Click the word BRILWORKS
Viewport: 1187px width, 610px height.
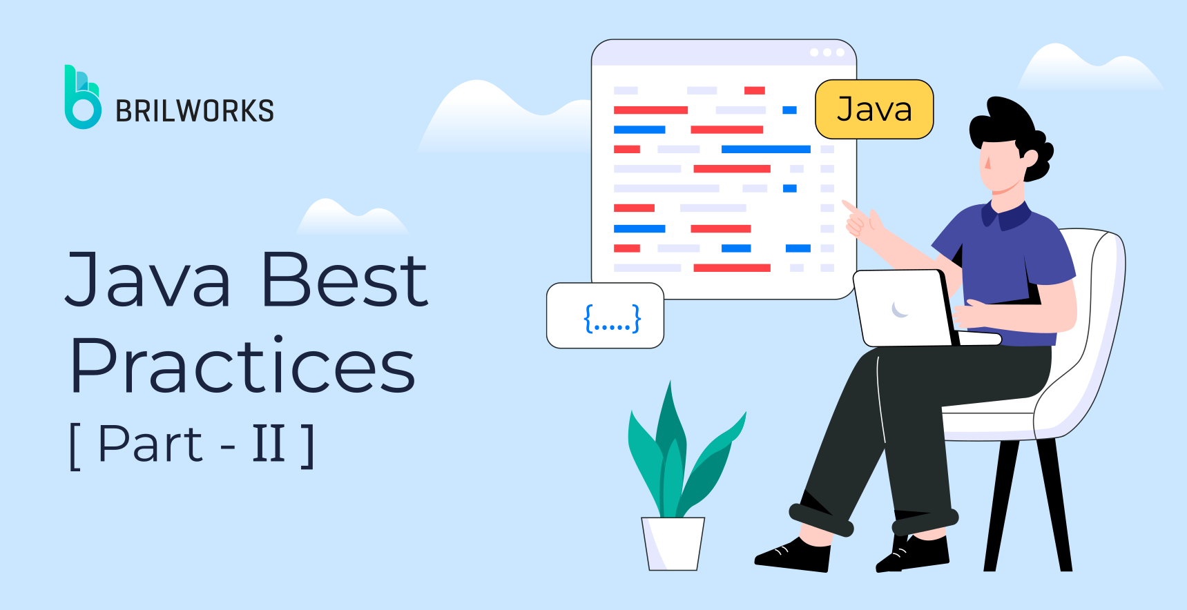coord(195,111)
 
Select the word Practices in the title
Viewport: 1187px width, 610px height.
coord(243,366)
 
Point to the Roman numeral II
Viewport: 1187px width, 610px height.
coord(269,444)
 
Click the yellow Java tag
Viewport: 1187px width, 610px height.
coord(874,110)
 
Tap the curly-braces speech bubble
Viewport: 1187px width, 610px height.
coord(605,316)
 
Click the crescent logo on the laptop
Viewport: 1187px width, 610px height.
coord(899,310)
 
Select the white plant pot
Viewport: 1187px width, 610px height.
coord(673,543)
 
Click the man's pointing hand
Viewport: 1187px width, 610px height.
coord(860,219)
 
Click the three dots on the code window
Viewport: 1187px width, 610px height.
coord(827,52)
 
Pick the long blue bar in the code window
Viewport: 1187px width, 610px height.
coord(765,149)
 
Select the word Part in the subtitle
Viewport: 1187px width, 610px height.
coord(151,444)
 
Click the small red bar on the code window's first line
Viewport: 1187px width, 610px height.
coord(754,90)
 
